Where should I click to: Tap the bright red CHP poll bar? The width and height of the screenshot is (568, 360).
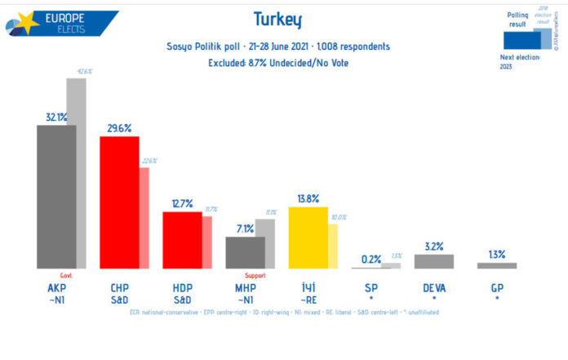click(x=119, y=202)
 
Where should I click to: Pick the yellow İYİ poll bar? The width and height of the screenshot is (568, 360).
click(x=308, y=238)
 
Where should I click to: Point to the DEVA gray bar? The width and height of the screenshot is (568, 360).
click(x=434, y=261)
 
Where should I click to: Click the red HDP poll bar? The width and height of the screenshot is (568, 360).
click(x=182, y=240)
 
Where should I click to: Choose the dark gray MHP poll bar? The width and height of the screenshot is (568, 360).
click(x=245, y=252)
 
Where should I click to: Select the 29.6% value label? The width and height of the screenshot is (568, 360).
click(x=119, y=128)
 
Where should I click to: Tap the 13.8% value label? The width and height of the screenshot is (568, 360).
click(x=308, y=198)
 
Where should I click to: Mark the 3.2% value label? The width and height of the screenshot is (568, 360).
click(x=434, y=246)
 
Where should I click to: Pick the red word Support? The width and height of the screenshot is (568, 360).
click(x=255, y=276)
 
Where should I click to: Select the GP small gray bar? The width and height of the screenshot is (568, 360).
click(x=497, y=265)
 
